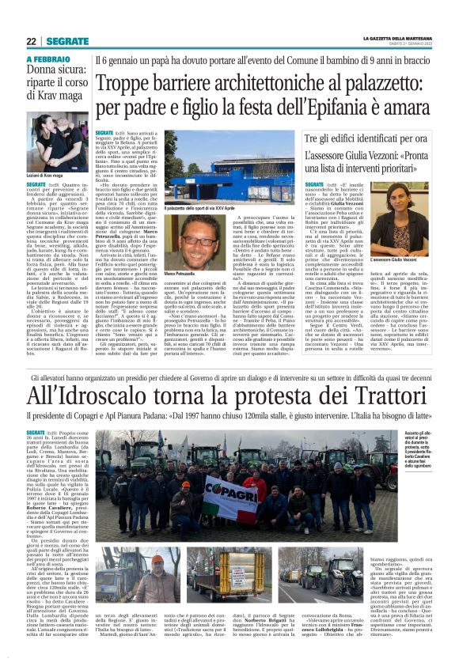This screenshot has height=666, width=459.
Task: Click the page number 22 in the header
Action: pyautogui.click(x=32, y=40)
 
